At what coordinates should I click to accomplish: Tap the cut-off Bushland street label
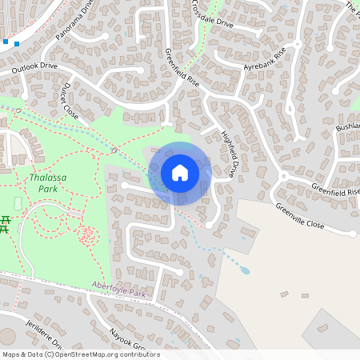(349, 126)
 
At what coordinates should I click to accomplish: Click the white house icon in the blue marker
(180, 172)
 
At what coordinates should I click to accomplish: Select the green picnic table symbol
(6, 223)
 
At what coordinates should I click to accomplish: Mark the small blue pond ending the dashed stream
(245, 270)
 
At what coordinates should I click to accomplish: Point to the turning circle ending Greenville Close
(353, 233)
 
